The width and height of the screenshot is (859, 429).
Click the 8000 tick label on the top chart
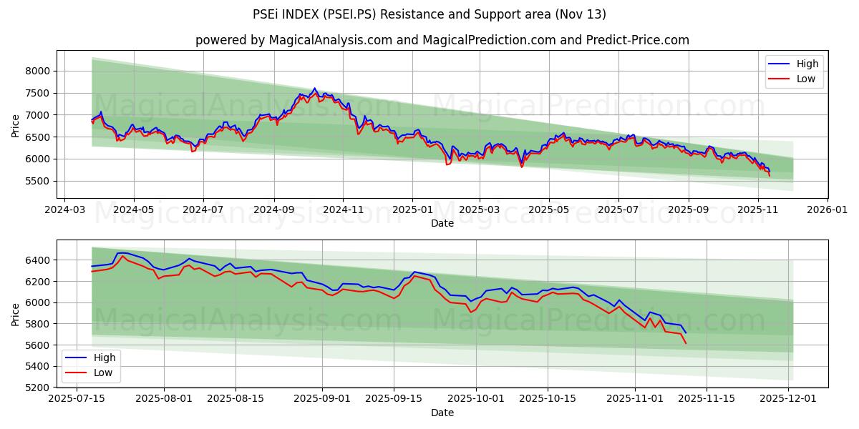[38, 71]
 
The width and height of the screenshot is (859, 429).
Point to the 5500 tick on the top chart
[38, 181]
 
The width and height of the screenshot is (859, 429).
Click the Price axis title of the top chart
[16, 124]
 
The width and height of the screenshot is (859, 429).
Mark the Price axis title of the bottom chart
[16, 314]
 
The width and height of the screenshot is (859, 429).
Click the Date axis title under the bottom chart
[442, 413]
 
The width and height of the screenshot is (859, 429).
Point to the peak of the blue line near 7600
[314, 89]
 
